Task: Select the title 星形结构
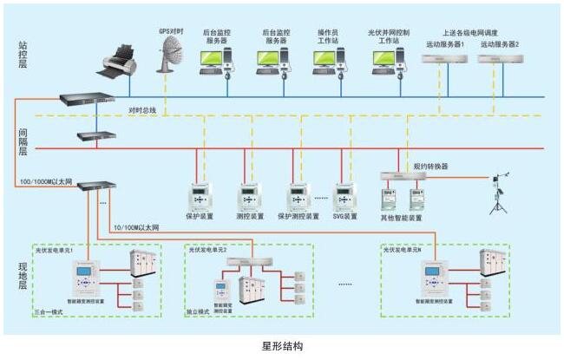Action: (282, 346)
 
